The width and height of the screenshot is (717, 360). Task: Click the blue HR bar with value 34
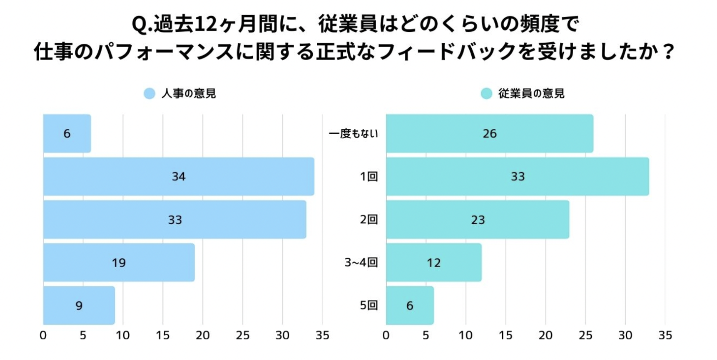(178, 176)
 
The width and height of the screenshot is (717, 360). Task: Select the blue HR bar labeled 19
(119, 263)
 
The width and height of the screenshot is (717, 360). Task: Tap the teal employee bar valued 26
(489, 133)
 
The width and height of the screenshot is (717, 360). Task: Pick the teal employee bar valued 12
(434, 263)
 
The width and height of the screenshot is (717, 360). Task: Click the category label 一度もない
(353, 133)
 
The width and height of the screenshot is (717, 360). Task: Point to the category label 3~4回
(361, 263)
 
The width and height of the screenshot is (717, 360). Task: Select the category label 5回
(368, 306)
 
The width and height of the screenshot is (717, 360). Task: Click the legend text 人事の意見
(188, 94)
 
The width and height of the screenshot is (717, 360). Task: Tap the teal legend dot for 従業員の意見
(487, 94)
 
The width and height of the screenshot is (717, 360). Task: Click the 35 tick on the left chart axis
(322, 335)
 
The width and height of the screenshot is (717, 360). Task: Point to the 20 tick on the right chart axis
(545, 335)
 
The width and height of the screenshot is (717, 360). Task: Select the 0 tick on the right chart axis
(386, 335)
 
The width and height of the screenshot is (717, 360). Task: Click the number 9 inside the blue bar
(79, 306)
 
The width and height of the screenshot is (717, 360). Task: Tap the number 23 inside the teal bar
(478, 220)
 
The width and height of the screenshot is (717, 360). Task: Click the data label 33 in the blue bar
(175, 220)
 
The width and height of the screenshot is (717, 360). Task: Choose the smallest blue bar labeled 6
(67, 133)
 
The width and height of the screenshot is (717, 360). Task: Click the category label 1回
(368, 177)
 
